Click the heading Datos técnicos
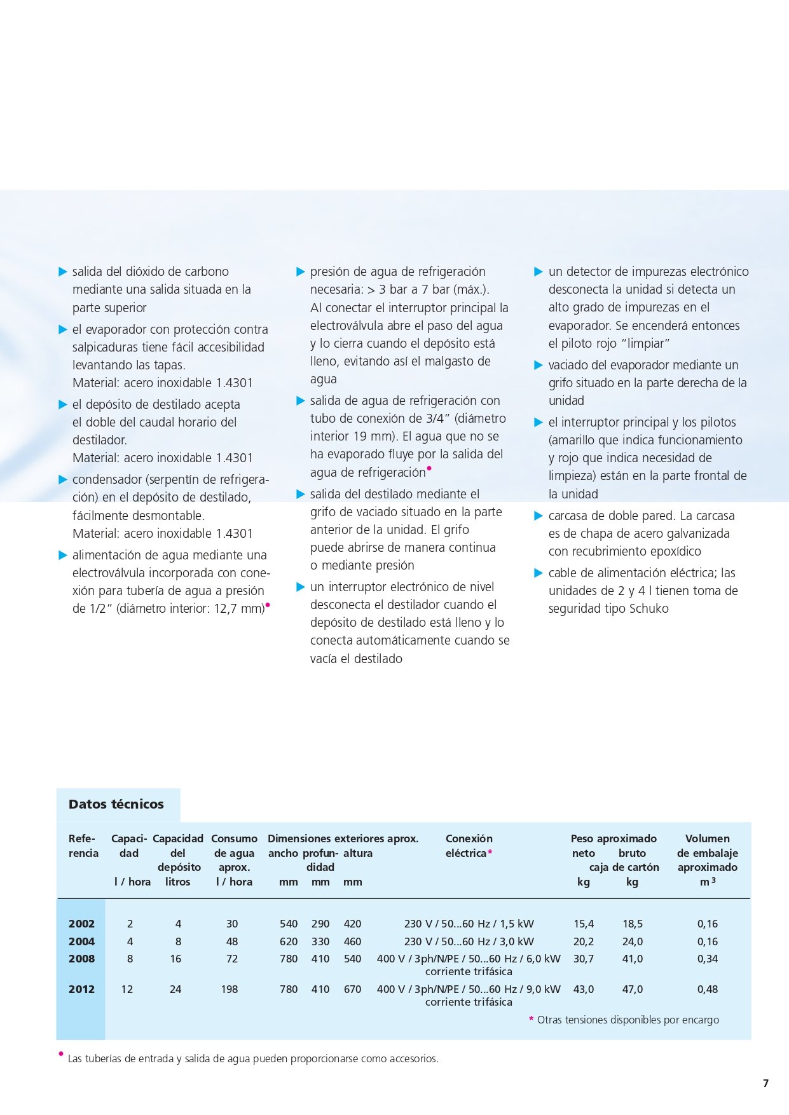point(116,804)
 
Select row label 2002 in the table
point(81,924)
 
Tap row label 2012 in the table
point(81,989)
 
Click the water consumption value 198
point(230,989)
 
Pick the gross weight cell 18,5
point(633,924)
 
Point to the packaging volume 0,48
point(708,989)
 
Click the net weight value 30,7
point(584,959)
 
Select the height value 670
point(352,989)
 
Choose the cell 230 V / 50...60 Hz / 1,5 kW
point(469,924)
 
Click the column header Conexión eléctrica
point(469,846)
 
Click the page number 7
point(766,1083)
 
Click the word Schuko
point(647,608)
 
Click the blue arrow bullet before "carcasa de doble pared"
point(539,516)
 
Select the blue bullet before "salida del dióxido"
point(62,272)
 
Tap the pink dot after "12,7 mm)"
point(268,605)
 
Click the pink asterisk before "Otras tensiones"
point(531,1020)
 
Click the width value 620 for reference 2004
point(289,941)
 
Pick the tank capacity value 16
point(176,959)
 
